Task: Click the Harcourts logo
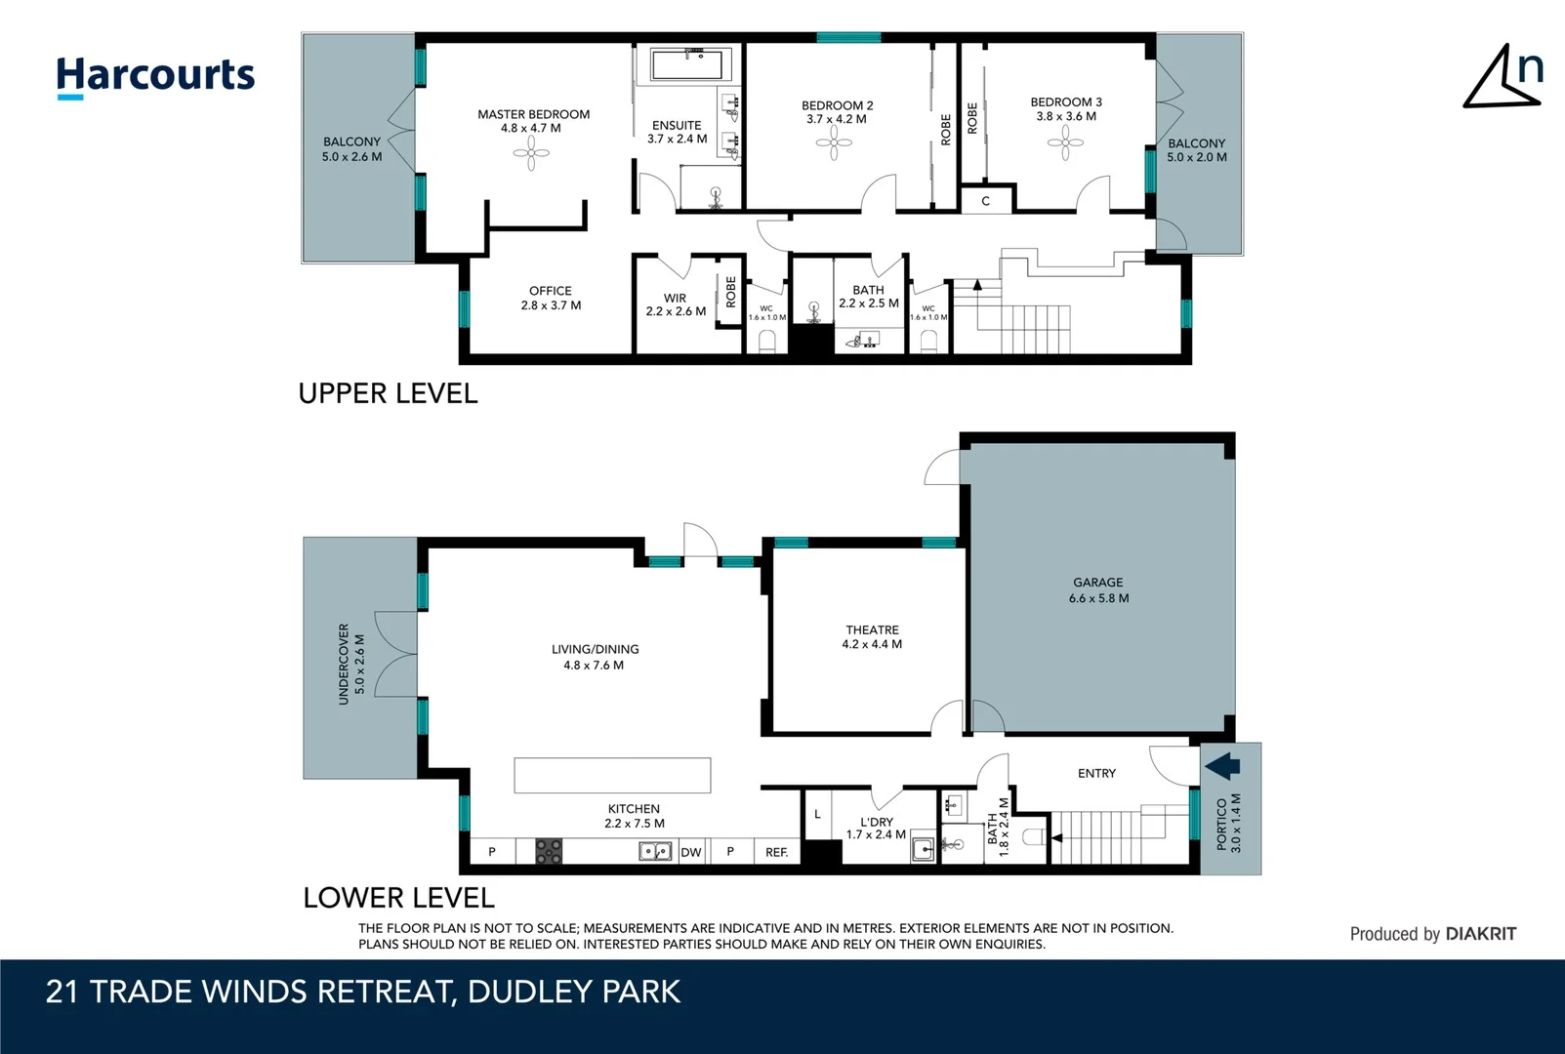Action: [155, 76]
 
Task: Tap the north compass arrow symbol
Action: [1502, 78]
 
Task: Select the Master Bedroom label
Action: [533, 114]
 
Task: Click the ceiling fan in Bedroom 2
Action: [834, 143]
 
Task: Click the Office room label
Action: [551, 291]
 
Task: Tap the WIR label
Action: [675, 299]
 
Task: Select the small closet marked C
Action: [985, 201]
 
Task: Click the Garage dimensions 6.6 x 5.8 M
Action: [1098, 598]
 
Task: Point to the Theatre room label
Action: [872, 630]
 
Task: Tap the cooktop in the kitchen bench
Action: [549, 852]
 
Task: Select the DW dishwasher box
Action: [691, 852]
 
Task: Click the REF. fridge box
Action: [776, 852]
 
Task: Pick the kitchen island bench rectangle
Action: [612, 775]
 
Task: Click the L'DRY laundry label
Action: [876, 822]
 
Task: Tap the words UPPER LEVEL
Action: [388, 393]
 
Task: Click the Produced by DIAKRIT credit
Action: [1432, 934]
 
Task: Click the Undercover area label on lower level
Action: [344, 664]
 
